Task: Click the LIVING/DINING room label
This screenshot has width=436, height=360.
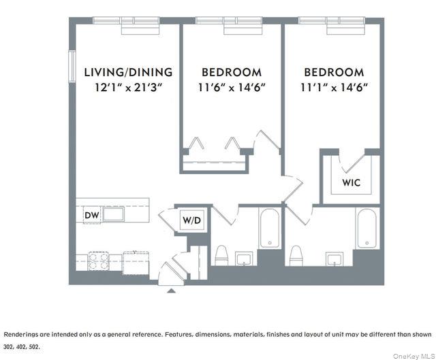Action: coord(128,72)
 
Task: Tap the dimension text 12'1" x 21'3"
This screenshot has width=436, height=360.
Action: coord(128,87)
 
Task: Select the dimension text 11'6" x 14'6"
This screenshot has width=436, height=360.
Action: coord(232,87)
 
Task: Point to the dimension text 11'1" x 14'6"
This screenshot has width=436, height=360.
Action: coord(334,87)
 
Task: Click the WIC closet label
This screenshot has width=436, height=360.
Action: coord(351,183)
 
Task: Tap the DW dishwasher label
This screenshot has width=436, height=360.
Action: coord(91,216)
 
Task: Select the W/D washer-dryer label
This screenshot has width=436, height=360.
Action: coord(190,220)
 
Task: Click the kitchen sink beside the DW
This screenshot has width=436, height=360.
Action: coord(113,215)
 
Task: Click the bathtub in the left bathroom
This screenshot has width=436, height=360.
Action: coord(270,228)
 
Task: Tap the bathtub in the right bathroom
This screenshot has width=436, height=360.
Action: coord(367,228)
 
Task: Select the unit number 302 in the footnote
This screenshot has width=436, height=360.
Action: coord(8,346)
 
